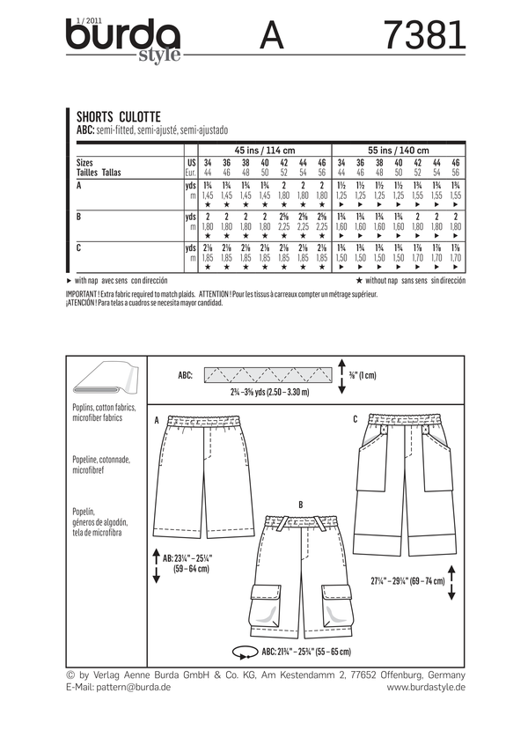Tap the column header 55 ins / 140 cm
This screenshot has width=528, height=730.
[x=399, y=151]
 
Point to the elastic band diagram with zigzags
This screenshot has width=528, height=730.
[x=251, y=375]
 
